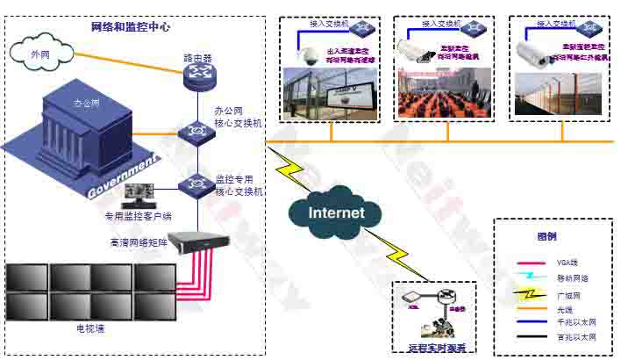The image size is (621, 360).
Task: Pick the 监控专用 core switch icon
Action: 194,185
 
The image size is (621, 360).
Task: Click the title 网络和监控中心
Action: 131,27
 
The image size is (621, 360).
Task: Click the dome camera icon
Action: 309,55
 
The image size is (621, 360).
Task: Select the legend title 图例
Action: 546,237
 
